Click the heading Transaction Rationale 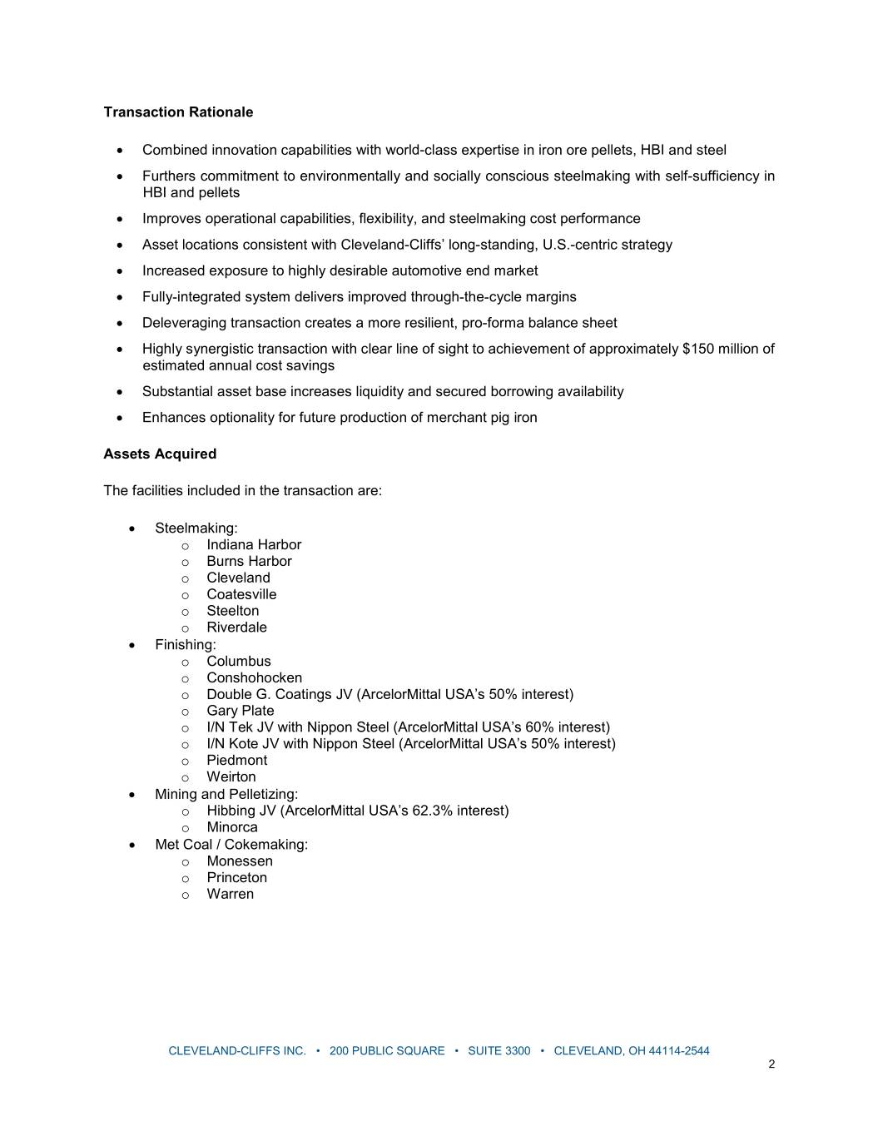tap(178, 112)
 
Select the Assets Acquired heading tap(160, 454)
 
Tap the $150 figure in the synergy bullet tap(697, 349)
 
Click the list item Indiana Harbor tap(254, 545)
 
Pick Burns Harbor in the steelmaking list tap(249, 562)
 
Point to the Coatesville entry tap(241, 595)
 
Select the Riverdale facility tap(236, 628)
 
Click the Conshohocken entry tap(254, 678)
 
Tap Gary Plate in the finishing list tap(240, 711)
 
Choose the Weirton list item tap(231, 777)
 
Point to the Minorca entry tap(232, 827)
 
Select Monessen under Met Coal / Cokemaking tap(240, 861)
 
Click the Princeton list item tap(236, 878)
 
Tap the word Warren tap(230, 895)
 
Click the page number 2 tap(771, 1064)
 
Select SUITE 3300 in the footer tap(499, 1051)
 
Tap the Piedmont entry tap(236, 761)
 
